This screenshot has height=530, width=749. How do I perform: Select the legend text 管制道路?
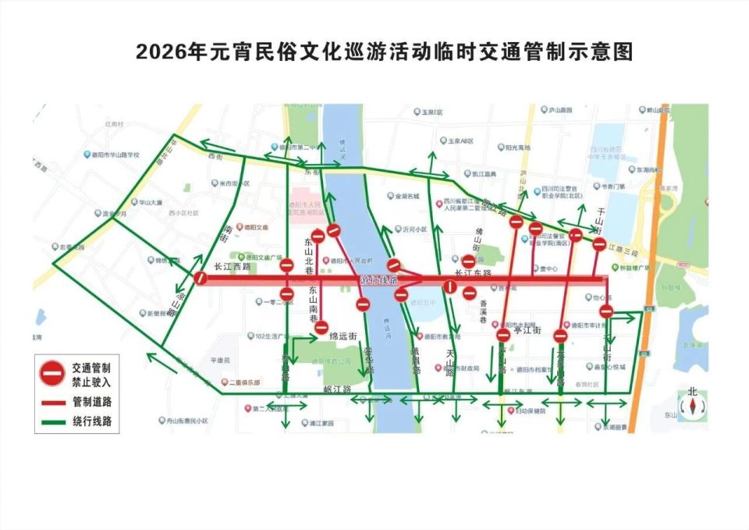point(92,402)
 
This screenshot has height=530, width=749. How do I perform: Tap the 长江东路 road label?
point(473,273)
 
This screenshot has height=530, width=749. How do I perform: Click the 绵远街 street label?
point(343,336)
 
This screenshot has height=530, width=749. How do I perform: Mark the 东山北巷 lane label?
point(309,255)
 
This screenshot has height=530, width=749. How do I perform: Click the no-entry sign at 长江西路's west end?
point(201,278)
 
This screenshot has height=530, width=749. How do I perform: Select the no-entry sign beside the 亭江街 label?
point(503,335)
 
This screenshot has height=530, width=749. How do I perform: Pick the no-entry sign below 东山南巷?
point(321,328)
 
